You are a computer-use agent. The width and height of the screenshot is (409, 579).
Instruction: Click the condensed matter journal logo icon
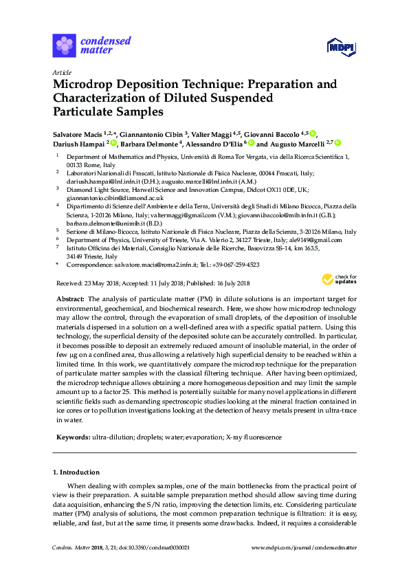pos(64,45)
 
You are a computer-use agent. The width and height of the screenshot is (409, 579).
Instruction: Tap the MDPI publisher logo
pos(342,45)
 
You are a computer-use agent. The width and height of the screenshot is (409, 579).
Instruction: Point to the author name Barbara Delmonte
pos(148,144)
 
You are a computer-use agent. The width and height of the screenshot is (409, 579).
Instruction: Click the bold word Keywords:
pos(71,437)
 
